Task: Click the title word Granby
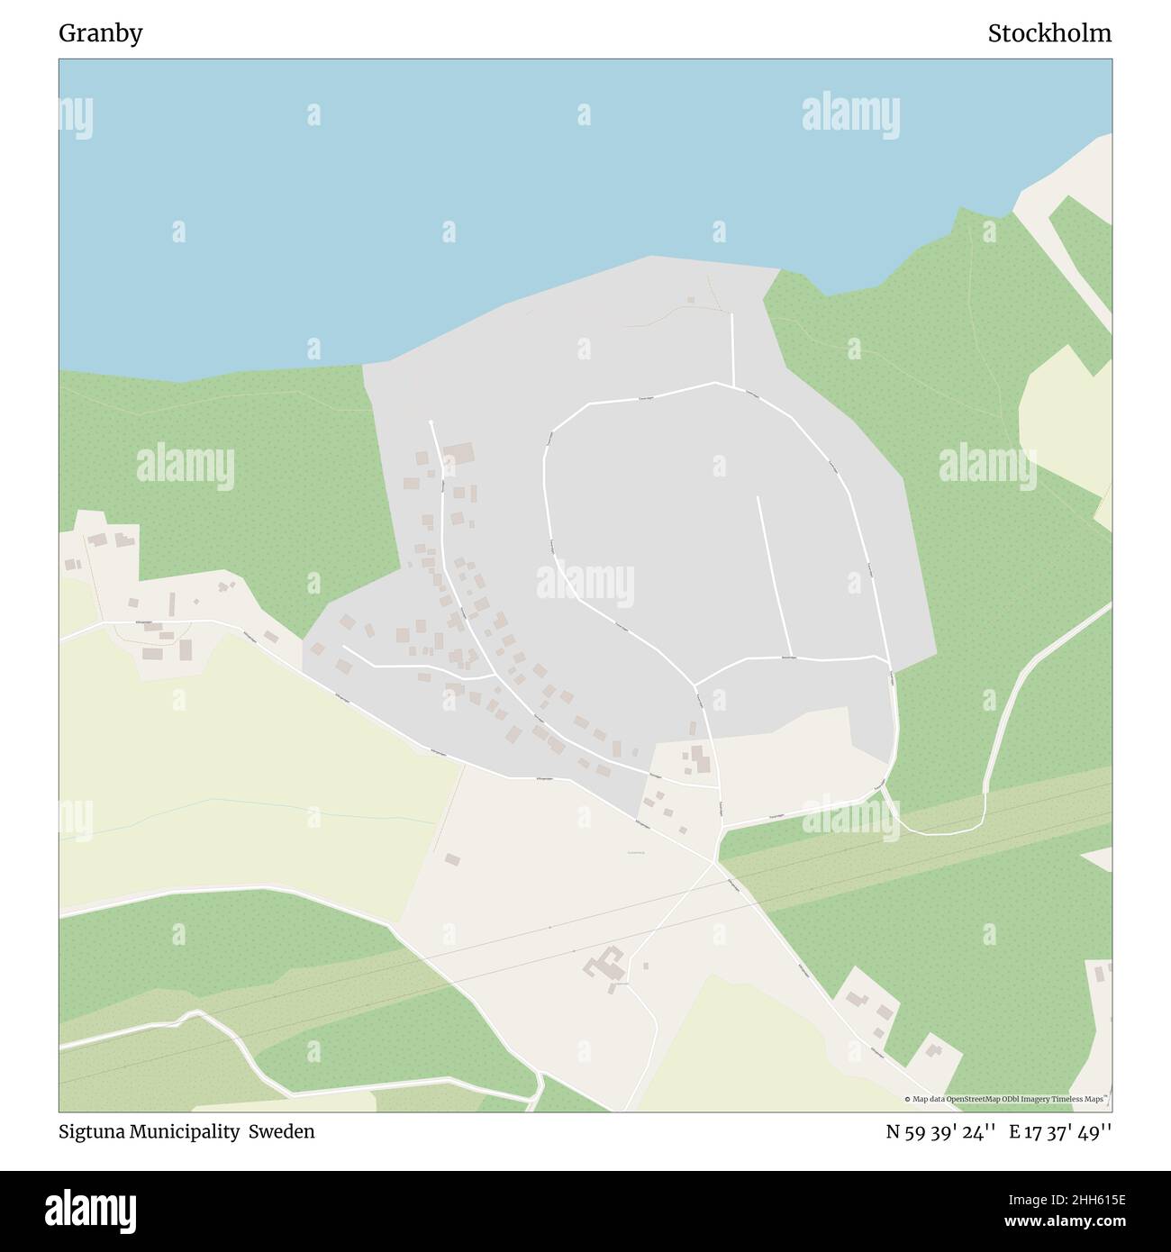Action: pos(100,34)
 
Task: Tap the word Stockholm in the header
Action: pos(1048,34)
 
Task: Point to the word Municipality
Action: pos(187,1132)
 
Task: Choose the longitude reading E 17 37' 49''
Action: pos(1060,1132)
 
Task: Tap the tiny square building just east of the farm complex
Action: pos(646,966)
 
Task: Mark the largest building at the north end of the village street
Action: pos(458,453)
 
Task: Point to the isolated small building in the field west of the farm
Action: pos(452,859)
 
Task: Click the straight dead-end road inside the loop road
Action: pos(774,576)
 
